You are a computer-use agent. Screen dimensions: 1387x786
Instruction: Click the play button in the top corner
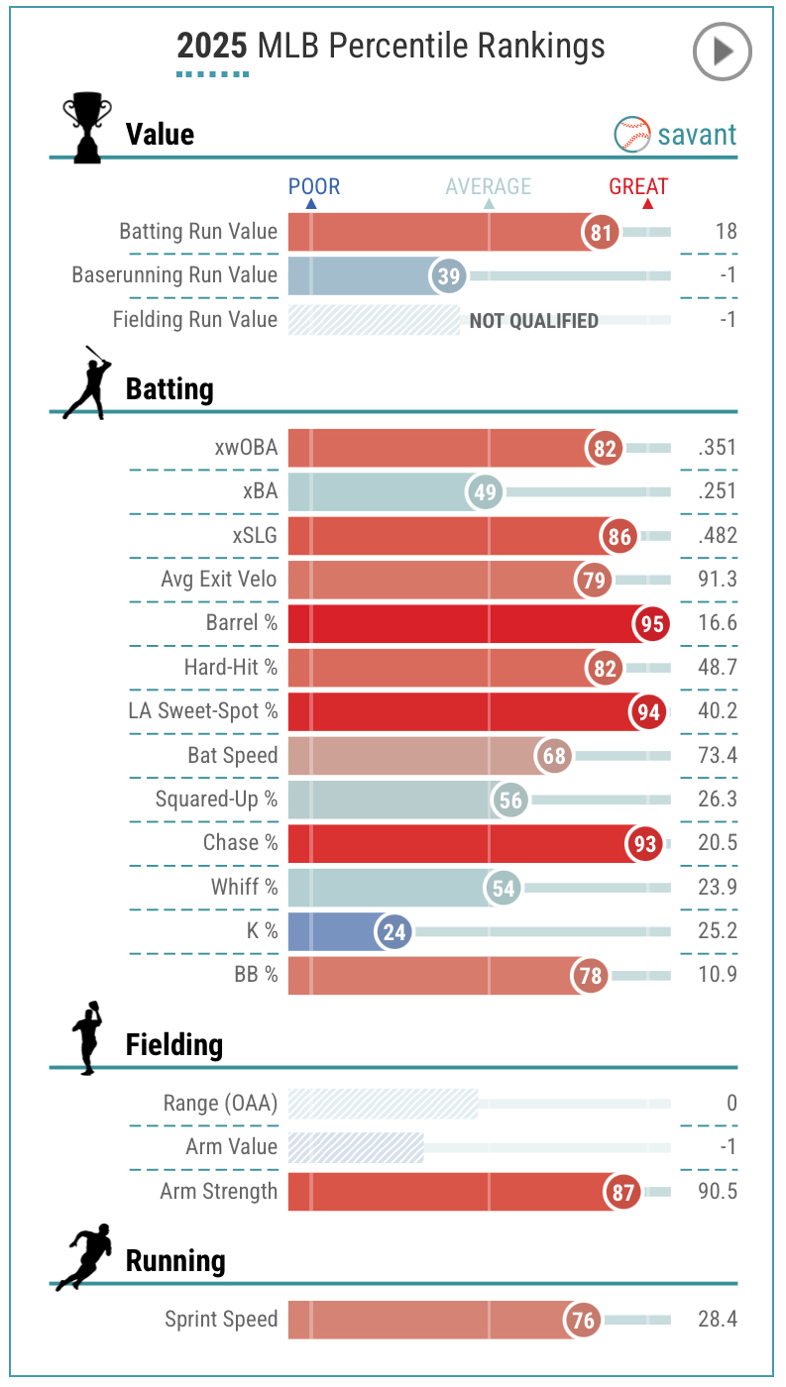coord(722,51)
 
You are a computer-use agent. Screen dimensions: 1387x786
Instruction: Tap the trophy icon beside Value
coord(85,128)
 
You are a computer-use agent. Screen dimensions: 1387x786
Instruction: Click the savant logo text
coord(697,135)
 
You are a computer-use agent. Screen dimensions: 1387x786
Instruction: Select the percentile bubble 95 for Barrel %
coord(651,624)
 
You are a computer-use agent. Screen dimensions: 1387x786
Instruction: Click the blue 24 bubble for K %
coord(393,931)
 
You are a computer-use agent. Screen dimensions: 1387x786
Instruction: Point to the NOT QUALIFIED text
coord(533,320)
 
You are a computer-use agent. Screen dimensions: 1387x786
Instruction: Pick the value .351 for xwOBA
coord(717,448)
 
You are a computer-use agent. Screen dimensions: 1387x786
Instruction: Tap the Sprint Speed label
coord(221,1320)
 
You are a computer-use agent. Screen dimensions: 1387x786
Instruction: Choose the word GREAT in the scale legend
coord(638,186)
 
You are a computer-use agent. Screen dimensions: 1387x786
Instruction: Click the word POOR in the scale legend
coord(313,186)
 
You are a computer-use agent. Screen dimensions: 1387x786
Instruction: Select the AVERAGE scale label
coord(488,186)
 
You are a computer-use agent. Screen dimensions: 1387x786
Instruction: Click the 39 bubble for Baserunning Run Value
coord(449,276)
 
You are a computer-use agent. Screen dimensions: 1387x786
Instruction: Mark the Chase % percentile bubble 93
coord(644,844)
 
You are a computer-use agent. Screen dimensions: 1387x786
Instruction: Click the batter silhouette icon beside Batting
coord(85,383)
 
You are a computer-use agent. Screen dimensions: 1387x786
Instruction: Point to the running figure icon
coord(85,1257)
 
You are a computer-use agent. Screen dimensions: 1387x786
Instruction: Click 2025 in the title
coord(212,46)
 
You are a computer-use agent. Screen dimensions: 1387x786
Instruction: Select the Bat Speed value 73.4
coord(717,755)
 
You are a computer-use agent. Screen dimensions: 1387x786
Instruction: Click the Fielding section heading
coord(174,1044)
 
